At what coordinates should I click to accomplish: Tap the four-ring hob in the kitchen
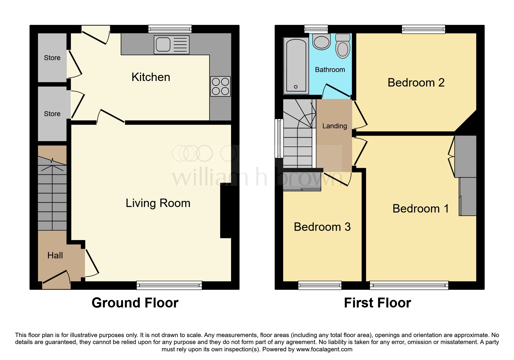coord(220,87)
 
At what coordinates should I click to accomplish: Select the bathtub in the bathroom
coord(296,66)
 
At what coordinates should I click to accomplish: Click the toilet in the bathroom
coord(343,46)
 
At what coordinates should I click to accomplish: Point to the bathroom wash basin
coord(322,42)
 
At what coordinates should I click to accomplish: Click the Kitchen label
coord(151,77)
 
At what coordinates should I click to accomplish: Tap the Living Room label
coord(158,203)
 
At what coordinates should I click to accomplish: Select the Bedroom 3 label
coord(322,227)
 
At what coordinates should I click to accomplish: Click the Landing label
coord(334,126)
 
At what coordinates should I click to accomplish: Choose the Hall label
coord(55,255)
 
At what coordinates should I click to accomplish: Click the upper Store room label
coord(52,58)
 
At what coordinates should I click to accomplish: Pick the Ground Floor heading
coord(135,303)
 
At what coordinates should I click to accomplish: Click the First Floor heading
coord(377,303)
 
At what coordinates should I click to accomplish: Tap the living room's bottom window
coord(169,285)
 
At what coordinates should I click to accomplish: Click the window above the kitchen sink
coord(170,29)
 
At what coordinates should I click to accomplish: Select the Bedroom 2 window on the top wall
coord(423,29)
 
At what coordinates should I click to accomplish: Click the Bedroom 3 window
coord(320,285)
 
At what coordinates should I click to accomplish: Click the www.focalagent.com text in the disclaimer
coord(324,349)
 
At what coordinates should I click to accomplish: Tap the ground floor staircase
coord(52,195)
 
